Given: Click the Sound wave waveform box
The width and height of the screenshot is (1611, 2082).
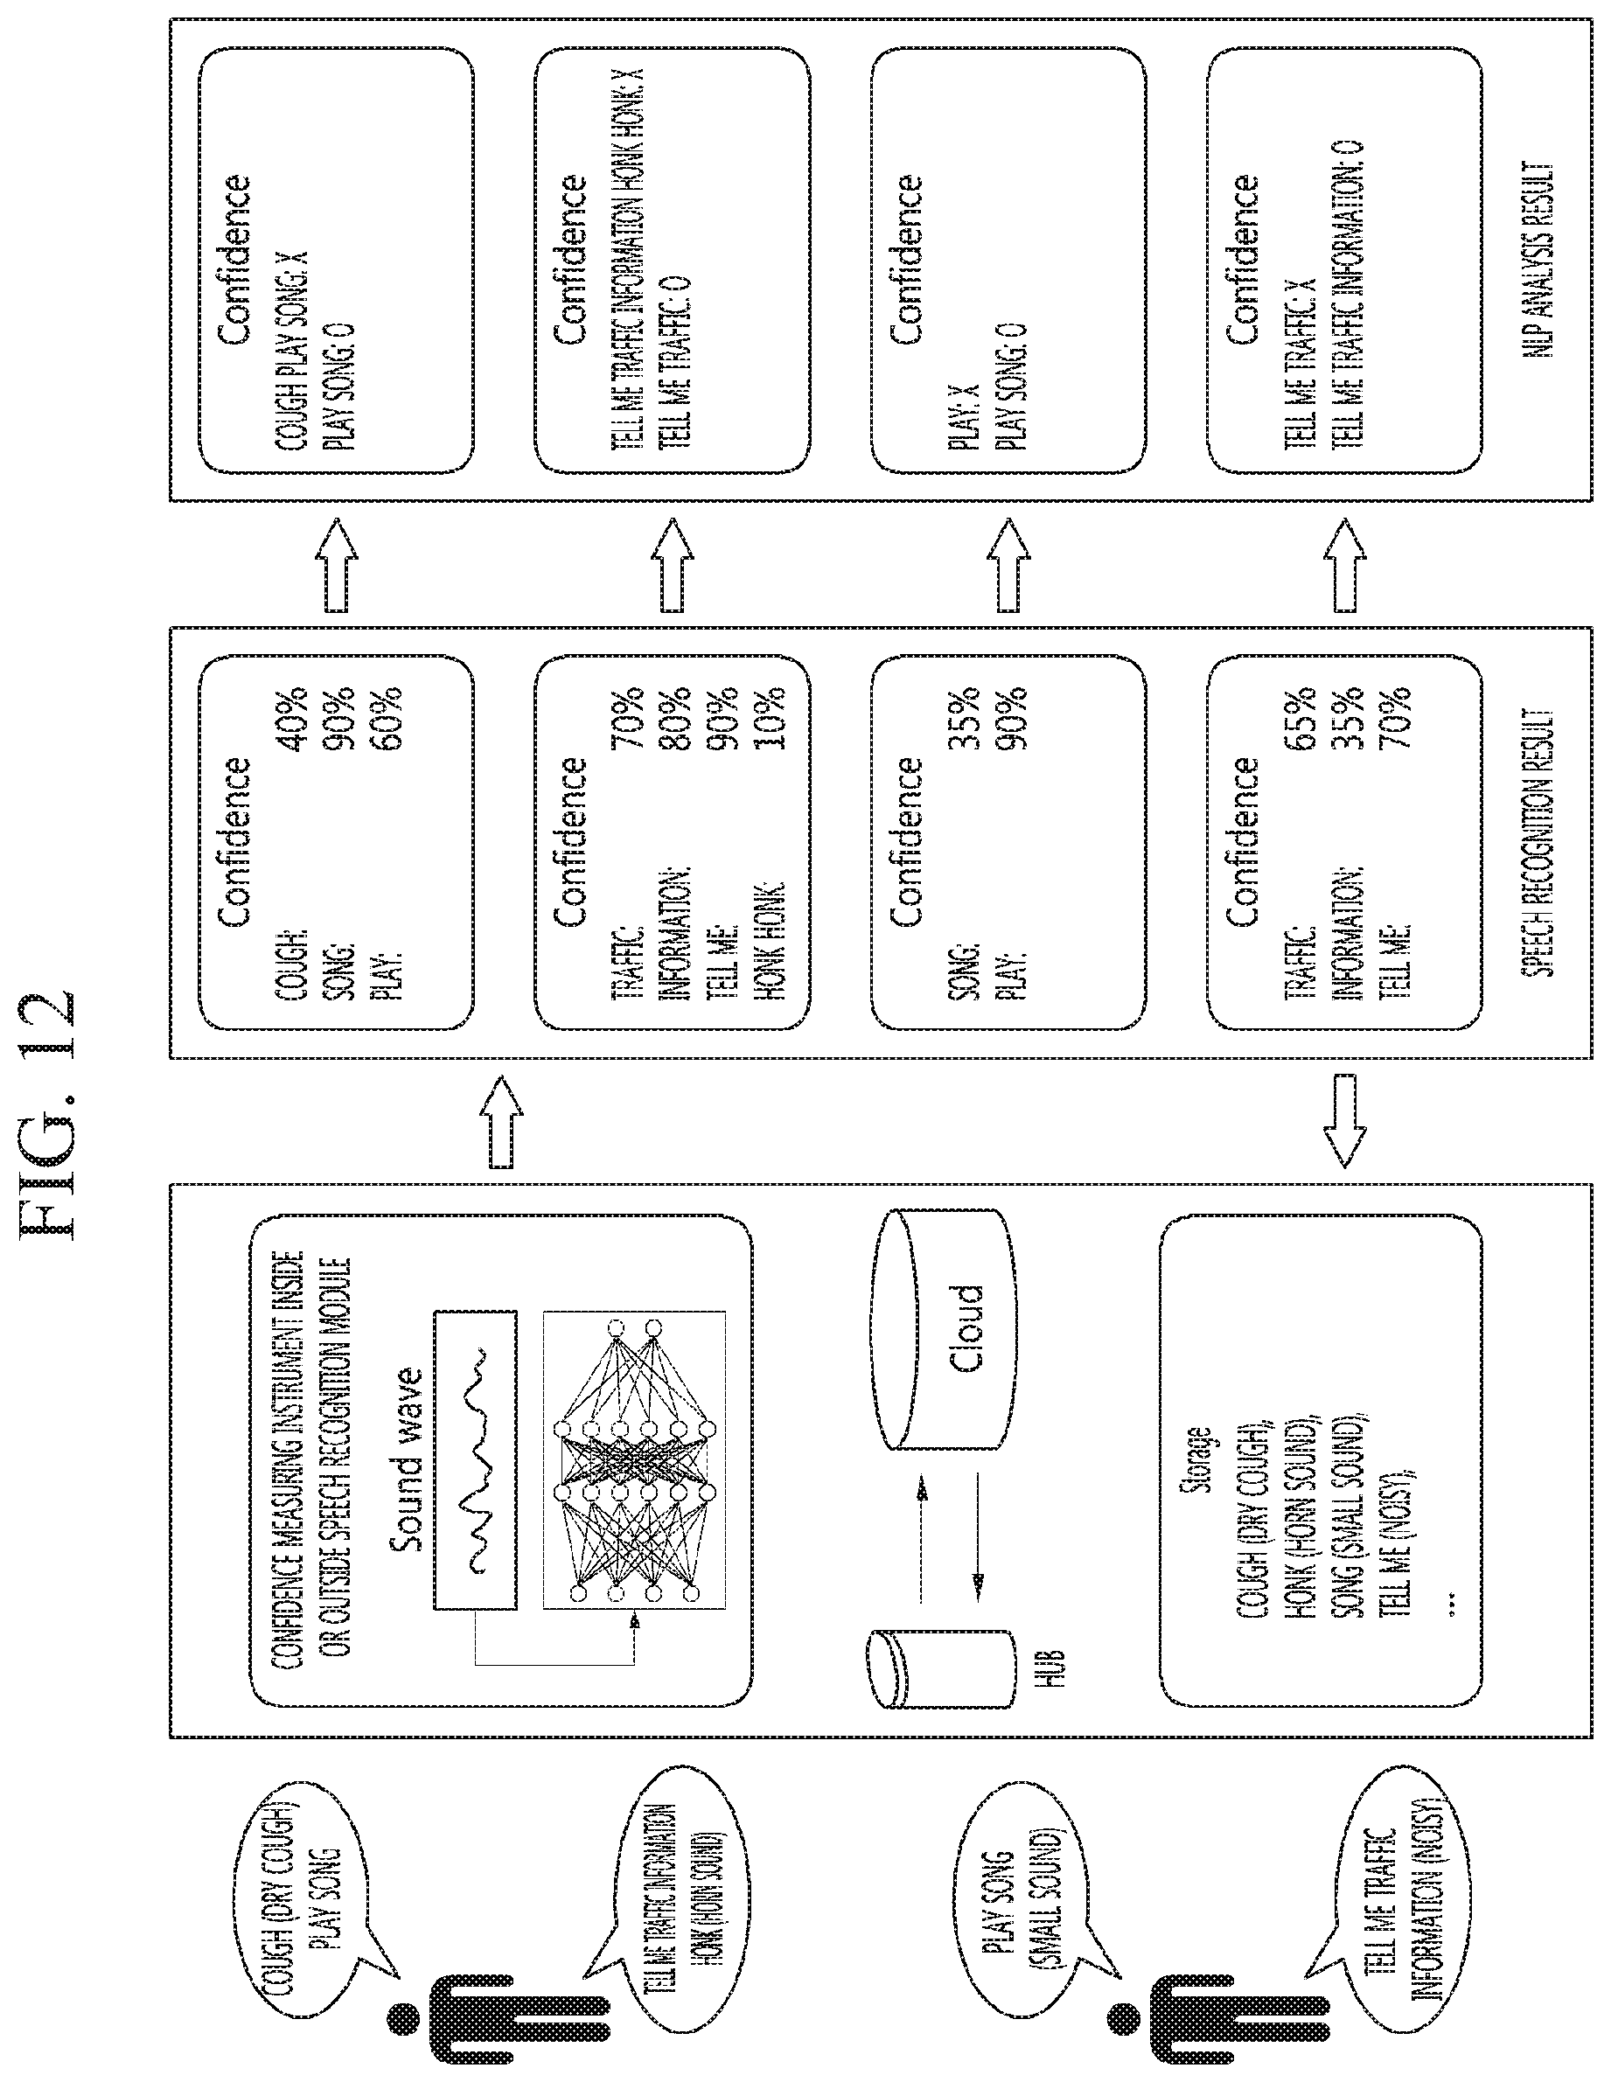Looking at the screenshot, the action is [476, 1459].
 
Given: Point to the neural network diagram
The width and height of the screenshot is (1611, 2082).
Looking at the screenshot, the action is [634, 1462].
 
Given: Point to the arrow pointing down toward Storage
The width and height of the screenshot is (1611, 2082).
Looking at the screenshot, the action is [1345, 1121].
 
